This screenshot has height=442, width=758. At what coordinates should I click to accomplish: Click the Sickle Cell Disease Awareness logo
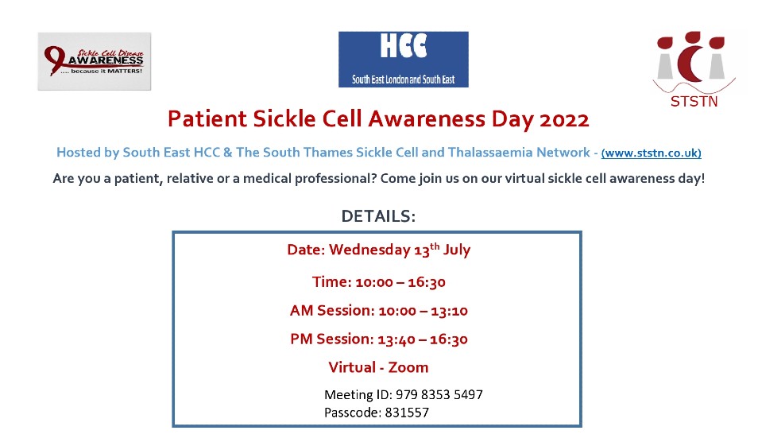click(x=94, y=60)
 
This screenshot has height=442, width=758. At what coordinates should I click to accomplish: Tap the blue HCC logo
click(x=403, y=59)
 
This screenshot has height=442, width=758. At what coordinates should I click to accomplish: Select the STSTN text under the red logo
click(x=694, y=102)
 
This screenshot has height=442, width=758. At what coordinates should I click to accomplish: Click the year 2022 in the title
click(x=564, y=120)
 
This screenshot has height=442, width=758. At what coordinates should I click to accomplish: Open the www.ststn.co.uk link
click(x=651, y=153)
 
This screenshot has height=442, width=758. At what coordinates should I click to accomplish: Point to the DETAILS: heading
click(x=378, y=216)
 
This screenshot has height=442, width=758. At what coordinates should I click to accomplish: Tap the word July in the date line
click(x=457, y=250)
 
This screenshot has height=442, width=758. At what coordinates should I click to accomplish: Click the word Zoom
click(x=408, y=367)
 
